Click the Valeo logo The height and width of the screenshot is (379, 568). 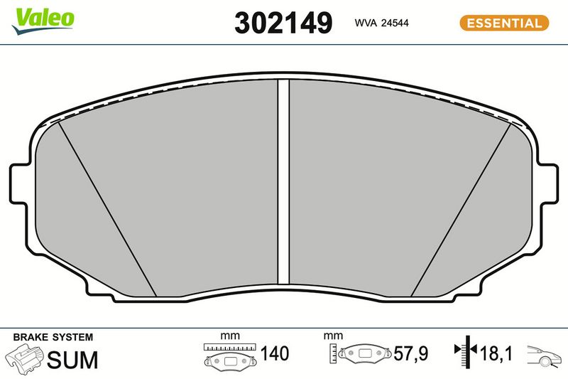(43, 21)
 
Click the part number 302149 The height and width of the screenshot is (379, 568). (283, 23)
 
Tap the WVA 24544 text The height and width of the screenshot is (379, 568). (381, 23)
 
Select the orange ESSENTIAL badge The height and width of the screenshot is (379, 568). (504, 23)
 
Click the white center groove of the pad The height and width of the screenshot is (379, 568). (283, 181)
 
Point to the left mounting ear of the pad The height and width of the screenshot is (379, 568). (19, 183)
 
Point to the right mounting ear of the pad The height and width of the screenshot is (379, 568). (548, 183)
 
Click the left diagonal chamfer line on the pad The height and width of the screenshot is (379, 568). (107, 209)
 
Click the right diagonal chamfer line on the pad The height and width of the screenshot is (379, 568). (461, 209)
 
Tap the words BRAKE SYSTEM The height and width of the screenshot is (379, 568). (53, 337)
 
